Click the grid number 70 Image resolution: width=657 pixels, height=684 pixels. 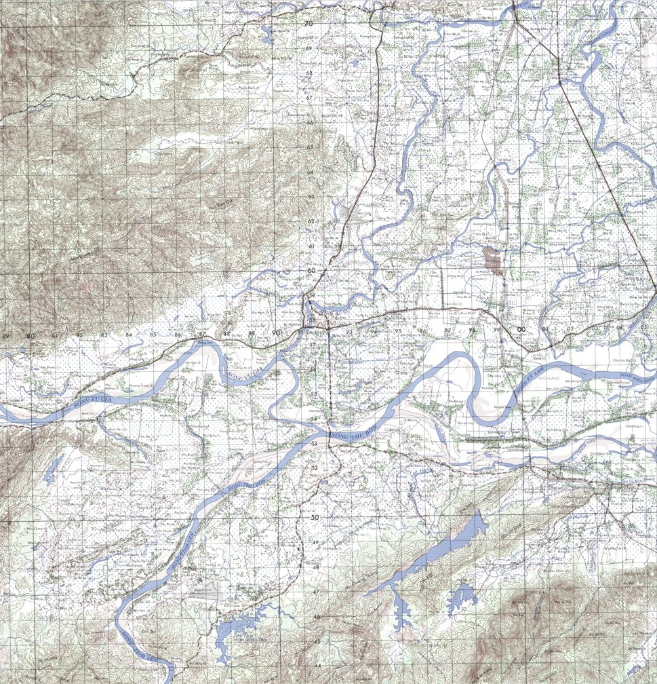click(x=308, y=24)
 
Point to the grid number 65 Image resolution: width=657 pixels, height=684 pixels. click(x=309, y=147)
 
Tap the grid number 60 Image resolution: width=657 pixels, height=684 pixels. click(x=311, y=271)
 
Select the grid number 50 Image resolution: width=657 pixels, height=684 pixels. click(x=315, y=518)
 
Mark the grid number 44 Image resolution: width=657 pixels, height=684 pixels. click(x=317, y=666)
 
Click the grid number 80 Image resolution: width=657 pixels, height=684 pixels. click(x=30, y=336)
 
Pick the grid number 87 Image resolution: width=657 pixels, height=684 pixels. click(x=202, y=335)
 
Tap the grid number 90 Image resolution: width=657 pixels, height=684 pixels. click(x=275, y=332)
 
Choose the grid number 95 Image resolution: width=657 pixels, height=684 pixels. click(x=399, y=331)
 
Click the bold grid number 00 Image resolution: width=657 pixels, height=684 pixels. click(x=521, y=330)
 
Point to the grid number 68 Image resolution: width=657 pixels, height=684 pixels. click(x=308, y=73)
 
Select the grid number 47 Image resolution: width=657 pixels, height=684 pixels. click(x=316, y=592)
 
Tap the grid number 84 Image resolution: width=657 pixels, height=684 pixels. click(x=128, y=335)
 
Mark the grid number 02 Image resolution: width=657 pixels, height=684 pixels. click(x=570, y=329)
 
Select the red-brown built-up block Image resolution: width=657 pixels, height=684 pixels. click(x=492, y=259)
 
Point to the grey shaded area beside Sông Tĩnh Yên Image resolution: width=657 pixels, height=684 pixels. click(x=206, y=592)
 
